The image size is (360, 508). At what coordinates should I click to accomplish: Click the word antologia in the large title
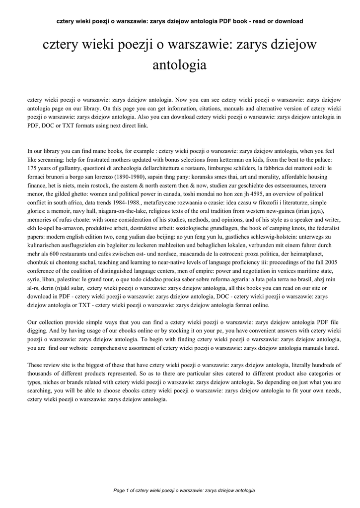[180, 64]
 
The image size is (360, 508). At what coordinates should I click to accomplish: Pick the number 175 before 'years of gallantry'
[33, 169]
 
